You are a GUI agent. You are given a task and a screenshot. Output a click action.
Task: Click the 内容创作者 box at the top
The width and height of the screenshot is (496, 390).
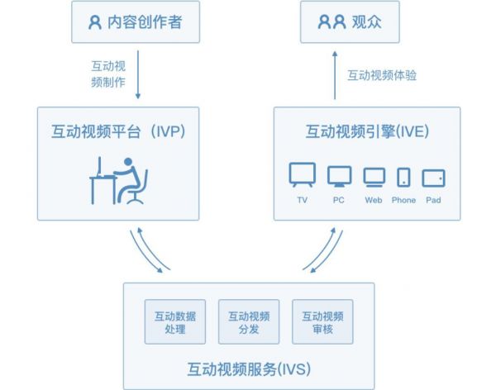coord(136,22)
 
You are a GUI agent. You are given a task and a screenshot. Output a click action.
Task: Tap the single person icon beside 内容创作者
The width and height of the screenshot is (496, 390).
coord(96,22)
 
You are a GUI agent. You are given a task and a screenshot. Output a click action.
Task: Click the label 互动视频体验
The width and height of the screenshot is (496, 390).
coord(382,75)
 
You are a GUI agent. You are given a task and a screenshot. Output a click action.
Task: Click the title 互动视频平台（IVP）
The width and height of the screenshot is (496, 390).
coord(118,131)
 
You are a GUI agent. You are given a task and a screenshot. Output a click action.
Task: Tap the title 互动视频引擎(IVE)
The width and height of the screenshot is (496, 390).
coord(367,131)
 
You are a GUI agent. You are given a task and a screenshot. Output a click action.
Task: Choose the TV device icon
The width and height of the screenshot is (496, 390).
coord(302,176)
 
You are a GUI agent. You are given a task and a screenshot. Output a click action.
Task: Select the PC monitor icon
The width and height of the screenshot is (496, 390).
coord(339,176)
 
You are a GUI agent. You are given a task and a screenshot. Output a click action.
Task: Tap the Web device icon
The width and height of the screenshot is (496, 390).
coord(374,177)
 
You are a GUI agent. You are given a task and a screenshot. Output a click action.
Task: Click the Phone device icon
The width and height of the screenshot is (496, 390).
coord(403,177)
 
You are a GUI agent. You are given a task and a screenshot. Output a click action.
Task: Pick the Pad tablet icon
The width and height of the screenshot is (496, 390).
coord(433,177)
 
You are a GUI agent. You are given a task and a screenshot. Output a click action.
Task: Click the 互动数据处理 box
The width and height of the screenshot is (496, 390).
coord(174,322)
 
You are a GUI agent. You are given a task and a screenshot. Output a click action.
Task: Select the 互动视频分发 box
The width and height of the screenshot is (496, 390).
coord(248,322)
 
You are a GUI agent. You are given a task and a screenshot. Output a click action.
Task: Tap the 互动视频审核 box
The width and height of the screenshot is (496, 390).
coord(322,322)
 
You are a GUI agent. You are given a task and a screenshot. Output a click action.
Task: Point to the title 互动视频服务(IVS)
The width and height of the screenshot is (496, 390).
coord(248,367)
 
